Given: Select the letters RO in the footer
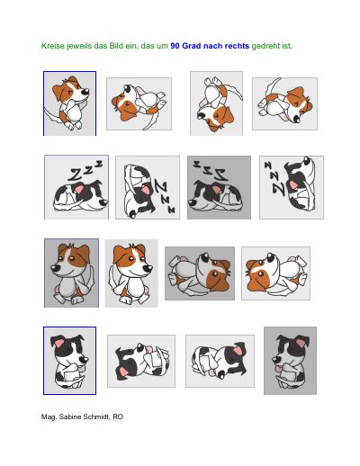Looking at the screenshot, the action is (118, 417).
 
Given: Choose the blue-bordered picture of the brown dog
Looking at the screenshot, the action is (69, 103).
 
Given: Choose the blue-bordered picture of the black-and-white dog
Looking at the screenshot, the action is (69, 361).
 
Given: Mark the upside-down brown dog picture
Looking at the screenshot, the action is (216, 103).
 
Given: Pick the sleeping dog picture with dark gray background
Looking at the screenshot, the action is (219, 187).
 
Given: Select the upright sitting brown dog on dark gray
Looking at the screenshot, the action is (71, 273).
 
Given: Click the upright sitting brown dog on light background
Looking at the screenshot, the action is (131, 273).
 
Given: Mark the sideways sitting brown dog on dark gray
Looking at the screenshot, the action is (200, 273).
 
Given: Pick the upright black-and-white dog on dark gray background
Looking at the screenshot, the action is (290, 361).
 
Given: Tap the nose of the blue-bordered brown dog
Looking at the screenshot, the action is (86, 90).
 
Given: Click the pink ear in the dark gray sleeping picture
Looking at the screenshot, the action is (217, 189).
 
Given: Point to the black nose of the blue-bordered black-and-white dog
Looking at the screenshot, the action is (85, 359).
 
